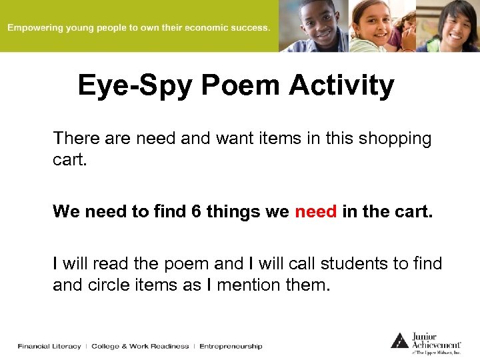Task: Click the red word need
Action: tap(315, 212)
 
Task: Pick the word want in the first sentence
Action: tap(217, 139)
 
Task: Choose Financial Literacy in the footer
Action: tap(49, 346)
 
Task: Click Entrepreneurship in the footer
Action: tap(231, 346)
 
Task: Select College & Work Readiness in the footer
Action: tap(140, 346)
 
